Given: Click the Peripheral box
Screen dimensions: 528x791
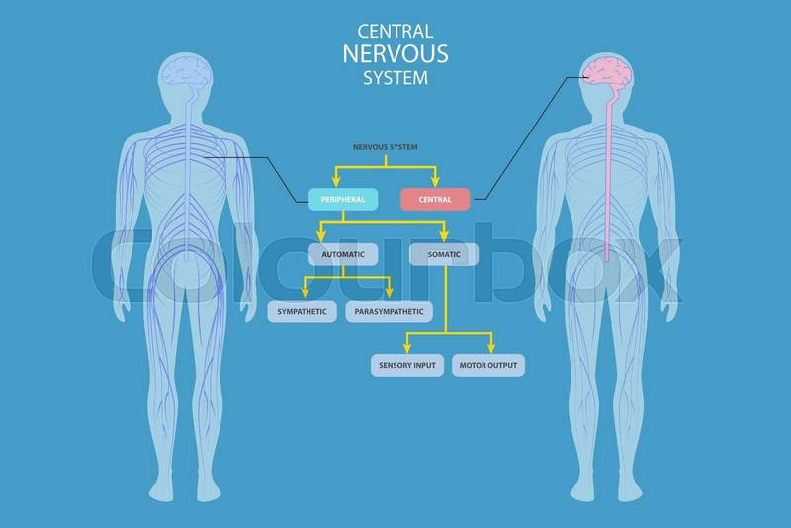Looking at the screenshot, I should coord(343,200).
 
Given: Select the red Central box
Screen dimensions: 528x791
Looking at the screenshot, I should coord(435,200).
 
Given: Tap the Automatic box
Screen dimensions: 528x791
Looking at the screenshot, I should coord(343,255).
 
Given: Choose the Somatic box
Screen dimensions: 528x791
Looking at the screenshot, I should coord(443,255).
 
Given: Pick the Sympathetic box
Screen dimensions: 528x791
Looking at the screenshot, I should coord(303,312).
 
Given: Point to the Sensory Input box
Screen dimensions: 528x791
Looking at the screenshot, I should coord(407,366).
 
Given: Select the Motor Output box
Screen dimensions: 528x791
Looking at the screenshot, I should coord(488,366).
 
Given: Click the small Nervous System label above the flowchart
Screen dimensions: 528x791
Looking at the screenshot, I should coord(386,148).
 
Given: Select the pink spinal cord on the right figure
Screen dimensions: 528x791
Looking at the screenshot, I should coord(606,178).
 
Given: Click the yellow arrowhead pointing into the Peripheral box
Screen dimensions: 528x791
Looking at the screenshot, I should coord(336,184).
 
